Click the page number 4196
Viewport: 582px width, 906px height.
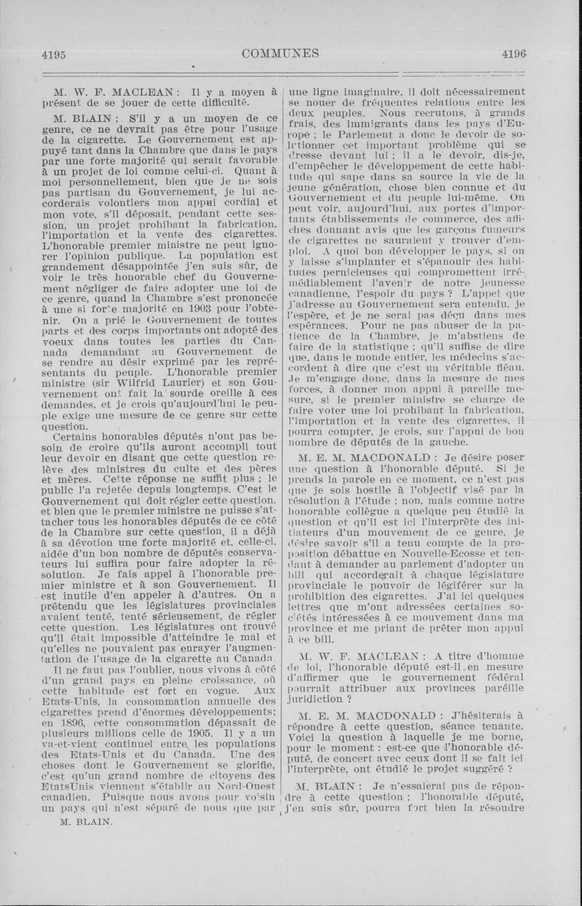pyautogui.click(x=514, y=54)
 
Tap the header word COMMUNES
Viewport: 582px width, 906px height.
pyautogui.click(x=280, y=54)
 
